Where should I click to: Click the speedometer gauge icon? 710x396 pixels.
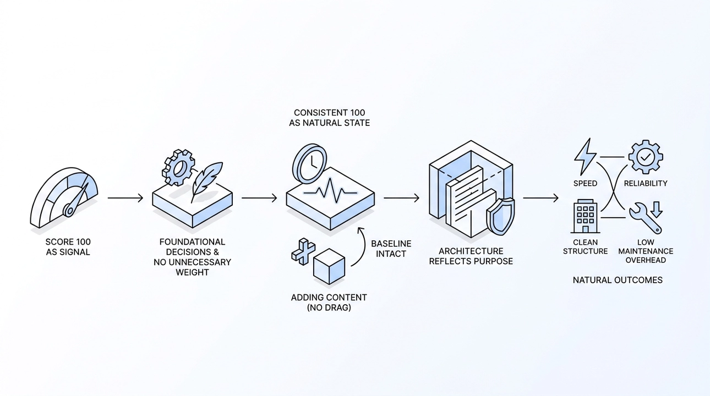point(64,197)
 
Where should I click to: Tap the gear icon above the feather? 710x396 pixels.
point(178,167)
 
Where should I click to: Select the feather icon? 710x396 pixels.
point(207,182)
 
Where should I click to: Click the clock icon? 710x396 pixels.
point(309,163)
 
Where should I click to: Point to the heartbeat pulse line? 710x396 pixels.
point(330,190)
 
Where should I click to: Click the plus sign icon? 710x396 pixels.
point(303,251)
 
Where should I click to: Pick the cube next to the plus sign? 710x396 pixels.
point(329,266)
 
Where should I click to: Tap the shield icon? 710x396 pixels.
point(501,216)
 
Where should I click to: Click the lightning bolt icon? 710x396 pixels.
point(585,157)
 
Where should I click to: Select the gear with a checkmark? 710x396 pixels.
point(646,157)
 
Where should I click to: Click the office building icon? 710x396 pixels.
point(586,216)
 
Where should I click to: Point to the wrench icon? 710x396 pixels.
point(646,218)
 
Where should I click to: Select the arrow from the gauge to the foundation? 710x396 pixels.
point(125,198)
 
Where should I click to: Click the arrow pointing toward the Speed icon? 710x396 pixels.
point(540,198)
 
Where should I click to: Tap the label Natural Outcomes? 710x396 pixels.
point(618,280)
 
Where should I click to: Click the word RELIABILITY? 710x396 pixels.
point(646,184)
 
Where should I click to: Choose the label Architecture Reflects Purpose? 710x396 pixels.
point(471,256)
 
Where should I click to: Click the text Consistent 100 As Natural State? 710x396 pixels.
point(329,118)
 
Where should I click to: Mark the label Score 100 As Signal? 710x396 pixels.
point(68,247)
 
